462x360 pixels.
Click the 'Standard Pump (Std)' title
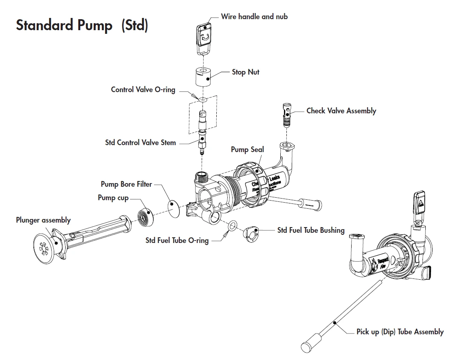coord(82,25)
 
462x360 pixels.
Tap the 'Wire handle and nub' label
coord(254,17)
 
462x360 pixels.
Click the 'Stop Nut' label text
coord(245,72)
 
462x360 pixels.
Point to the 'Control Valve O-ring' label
coord(143,90)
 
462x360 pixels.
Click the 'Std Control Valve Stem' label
coord(141,143)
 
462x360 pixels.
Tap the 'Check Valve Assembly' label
coord(341,111)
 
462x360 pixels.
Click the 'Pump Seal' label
coord(247,149)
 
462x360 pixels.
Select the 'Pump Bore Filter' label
coord(126,184)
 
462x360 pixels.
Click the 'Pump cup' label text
coord(113,198)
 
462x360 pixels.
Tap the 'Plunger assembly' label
coord(43,220)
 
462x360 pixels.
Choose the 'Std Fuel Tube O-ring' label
coord(177,241)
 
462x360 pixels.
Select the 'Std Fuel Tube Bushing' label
coord(311,230)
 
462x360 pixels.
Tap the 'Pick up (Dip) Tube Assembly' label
coord(400,332)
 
